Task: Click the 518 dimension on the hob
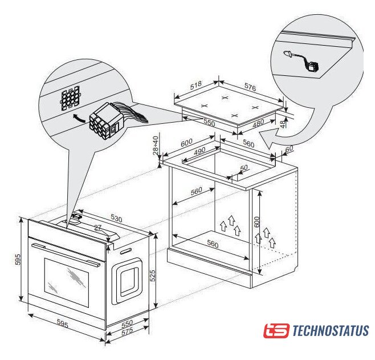(196, 85)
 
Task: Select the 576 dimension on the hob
(250, 87)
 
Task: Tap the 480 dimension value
(258, 123)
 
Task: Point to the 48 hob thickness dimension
(283, 123)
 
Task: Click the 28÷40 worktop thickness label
(156, 145)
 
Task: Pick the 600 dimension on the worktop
(186, 143)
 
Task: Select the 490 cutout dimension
(199, 151)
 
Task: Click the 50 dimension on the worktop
(244, 168)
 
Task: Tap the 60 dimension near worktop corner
(289, 149)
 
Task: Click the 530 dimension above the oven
(116, 218)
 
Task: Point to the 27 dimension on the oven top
(97, 228)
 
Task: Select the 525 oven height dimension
(152, 275)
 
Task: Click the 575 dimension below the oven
(127, 332)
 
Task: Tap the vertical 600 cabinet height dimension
(256, 222)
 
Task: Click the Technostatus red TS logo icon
(276, 330)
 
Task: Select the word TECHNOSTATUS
(331, 330)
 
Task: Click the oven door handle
(66, 254)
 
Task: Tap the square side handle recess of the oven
(127, 281)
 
